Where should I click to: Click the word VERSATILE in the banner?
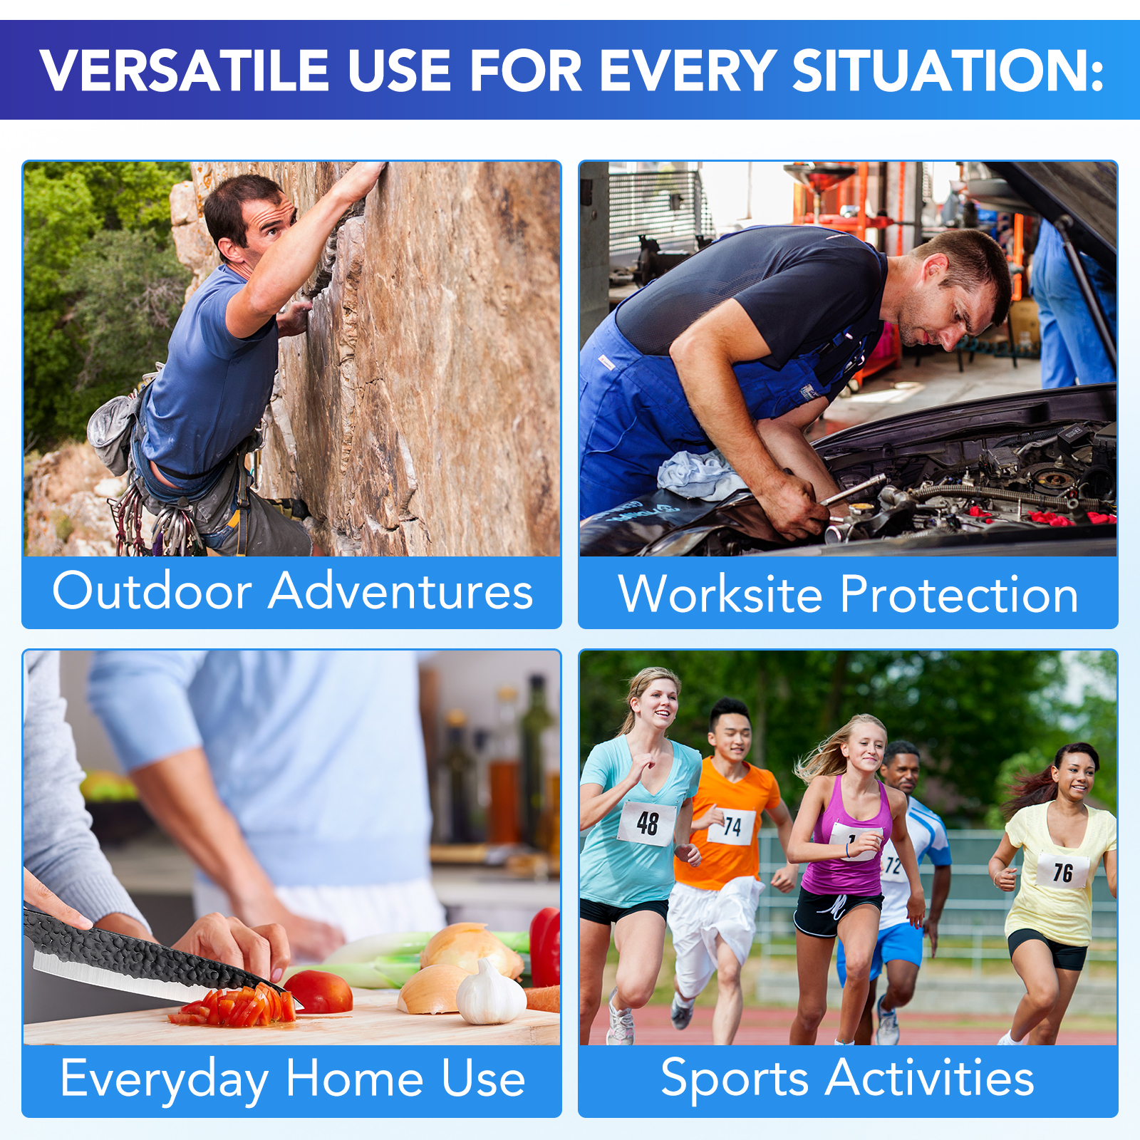[184, 71]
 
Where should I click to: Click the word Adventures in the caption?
[400, 591]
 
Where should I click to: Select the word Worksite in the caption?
[720, 594]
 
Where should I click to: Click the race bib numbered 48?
[647, 823]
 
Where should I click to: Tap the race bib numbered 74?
[732, 826]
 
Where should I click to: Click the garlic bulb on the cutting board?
[491, 993]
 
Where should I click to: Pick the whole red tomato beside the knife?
[318, 991]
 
